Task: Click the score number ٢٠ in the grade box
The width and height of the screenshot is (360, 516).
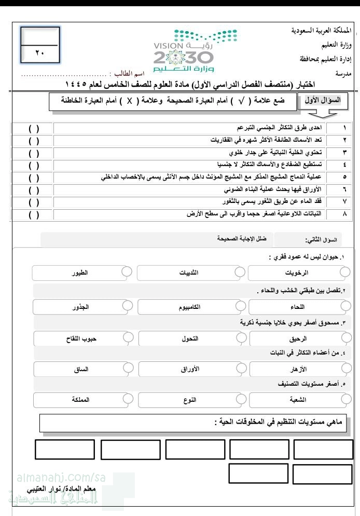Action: tap(40, 52)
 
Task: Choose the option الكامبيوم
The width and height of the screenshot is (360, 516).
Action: tap(189, 307)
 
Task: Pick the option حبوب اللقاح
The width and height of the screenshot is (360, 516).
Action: tap(83, 338)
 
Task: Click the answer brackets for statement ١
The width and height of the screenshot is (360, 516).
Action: tap(34, 128)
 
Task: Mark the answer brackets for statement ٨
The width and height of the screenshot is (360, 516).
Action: tap(34, 213)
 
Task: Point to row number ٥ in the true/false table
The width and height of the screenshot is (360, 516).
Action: tap(345, 176)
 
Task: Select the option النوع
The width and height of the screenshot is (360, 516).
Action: tap(190, 400)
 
